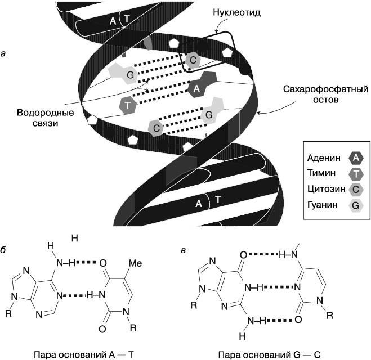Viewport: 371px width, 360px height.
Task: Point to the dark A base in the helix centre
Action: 196,88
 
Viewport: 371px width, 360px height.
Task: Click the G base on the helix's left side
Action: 129,75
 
